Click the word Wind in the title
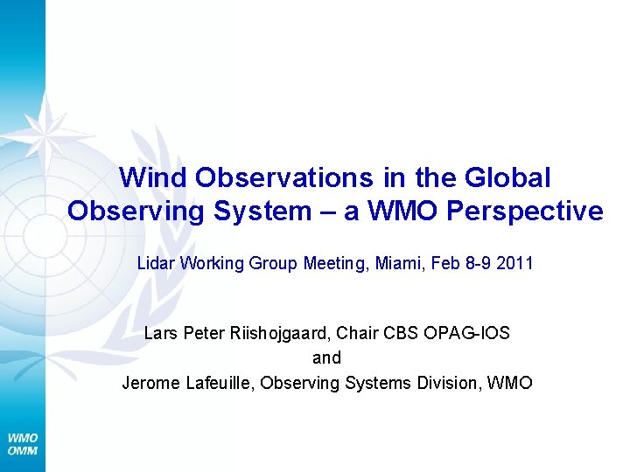[x=154, y=177]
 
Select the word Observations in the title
[x=284, y=177]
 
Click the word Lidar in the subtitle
[x=156, y=263]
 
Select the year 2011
[x=514, y=263]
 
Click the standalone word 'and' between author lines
[x=326, y=357]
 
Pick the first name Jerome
[x=149, y=382]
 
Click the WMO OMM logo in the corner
[x=23, y=444]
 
